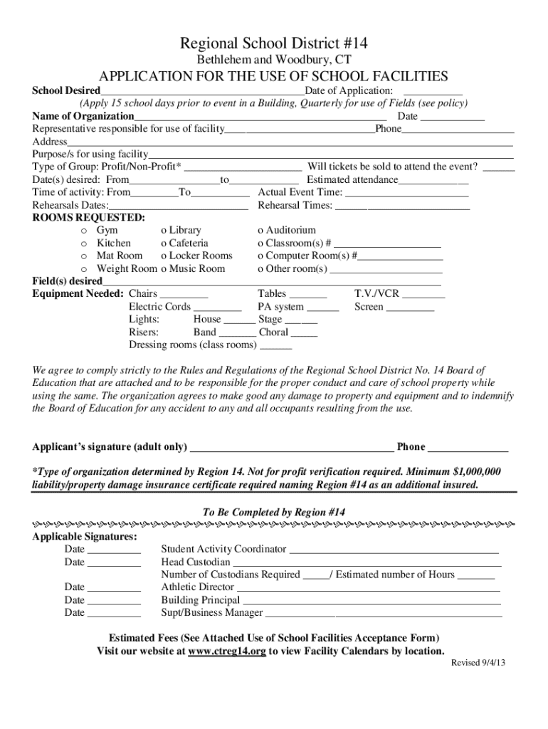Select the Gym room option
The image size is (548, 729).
click(x=84, y=231)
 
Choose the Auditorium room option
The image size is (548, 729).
click(x=260, y=231)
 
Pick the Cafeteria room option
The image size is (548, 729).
click(x=164, y=243)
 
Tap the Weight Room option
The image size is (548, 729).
click(x=84, y=269)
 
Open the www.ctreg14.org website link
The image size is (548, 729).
click(x=227, y=651)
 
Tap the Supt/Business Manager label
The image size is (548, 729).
click(x=212, y=613)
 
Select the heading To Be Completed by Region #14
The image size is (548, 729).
click(x=274, y=513)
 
